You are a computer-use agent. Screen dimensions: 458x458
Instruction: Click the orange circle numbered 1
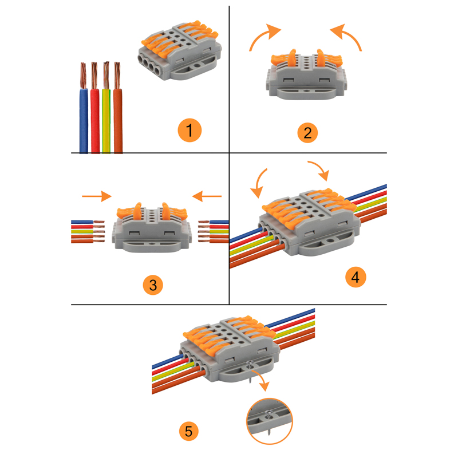(189, 131)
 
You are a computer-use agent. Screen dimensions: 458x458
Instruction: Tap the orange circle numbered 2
(307, 133)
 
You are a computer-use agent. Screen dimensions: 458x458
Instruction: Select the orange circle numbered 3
(153, 285)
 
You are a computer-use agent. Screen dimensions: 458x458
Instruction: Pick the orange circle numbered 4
(356, 277)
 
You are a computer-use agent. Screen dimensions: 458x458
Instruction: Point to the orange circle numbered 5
(189, 431)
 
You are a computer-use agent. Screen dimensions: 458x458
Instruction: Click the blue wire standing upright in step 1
(84, 108)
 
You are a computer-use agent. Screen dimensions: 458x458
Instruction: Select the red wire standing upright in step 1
(95, 108)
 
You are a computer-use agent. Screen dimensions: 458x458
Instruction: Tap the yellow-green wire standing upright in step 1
(106, 108)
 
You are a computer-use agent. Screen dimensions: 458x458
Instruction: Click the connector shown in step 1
(179, 50)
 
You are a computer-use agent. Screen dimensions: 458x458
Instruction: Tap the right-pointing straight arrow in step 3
(97, 196)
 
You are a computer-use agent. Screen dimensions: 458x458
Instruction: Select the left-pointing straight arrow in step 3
(207, 196)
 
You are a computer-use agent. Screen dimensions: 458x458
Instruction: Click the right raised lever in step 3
(165, 211)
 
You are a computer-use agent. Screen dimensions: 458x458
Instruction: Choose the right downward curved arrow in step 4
(320, 170)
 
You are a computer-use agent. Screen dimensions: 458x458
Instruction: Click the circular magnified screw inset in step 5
(270, 421)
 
